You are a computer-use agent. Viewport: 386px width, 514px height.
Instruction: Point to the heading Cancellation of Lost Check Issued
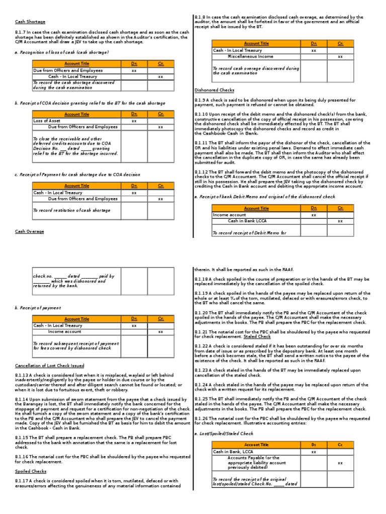click(x=50, y=365)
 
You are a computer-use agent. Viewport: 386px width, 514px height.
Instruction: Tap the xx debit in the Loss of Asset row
click(x=134, y=121)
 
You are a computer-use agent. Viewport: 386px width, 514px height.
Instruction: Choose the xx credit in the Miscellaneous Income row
click(x=340, y=57)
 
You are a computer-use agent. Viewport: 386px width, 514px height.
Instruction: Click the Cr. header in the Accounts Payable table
click(x=340, y=445)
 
